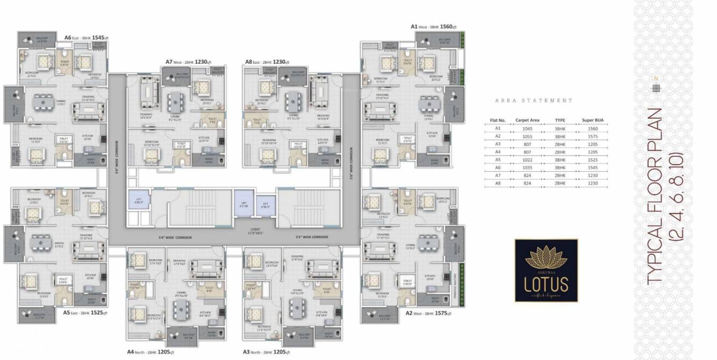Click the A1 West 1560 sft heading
coord(433,26)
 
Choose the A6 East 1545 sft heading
coord(87,38)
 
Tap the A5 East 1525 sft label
coord(85,312)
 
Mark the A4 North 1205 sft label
coord(150,352)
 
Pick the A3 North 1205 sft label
coord(267,352)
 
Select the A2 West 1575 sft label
coord(428,313)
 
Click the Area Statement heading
coord(533,100)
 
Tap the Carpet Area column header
coord(527,121)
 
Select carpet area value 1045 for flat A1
coord(527,129)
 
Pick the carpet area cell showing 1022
coord(527,160)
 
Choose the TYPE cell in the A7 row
coord(560,175)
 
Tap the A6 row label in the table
coord(497,168)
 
